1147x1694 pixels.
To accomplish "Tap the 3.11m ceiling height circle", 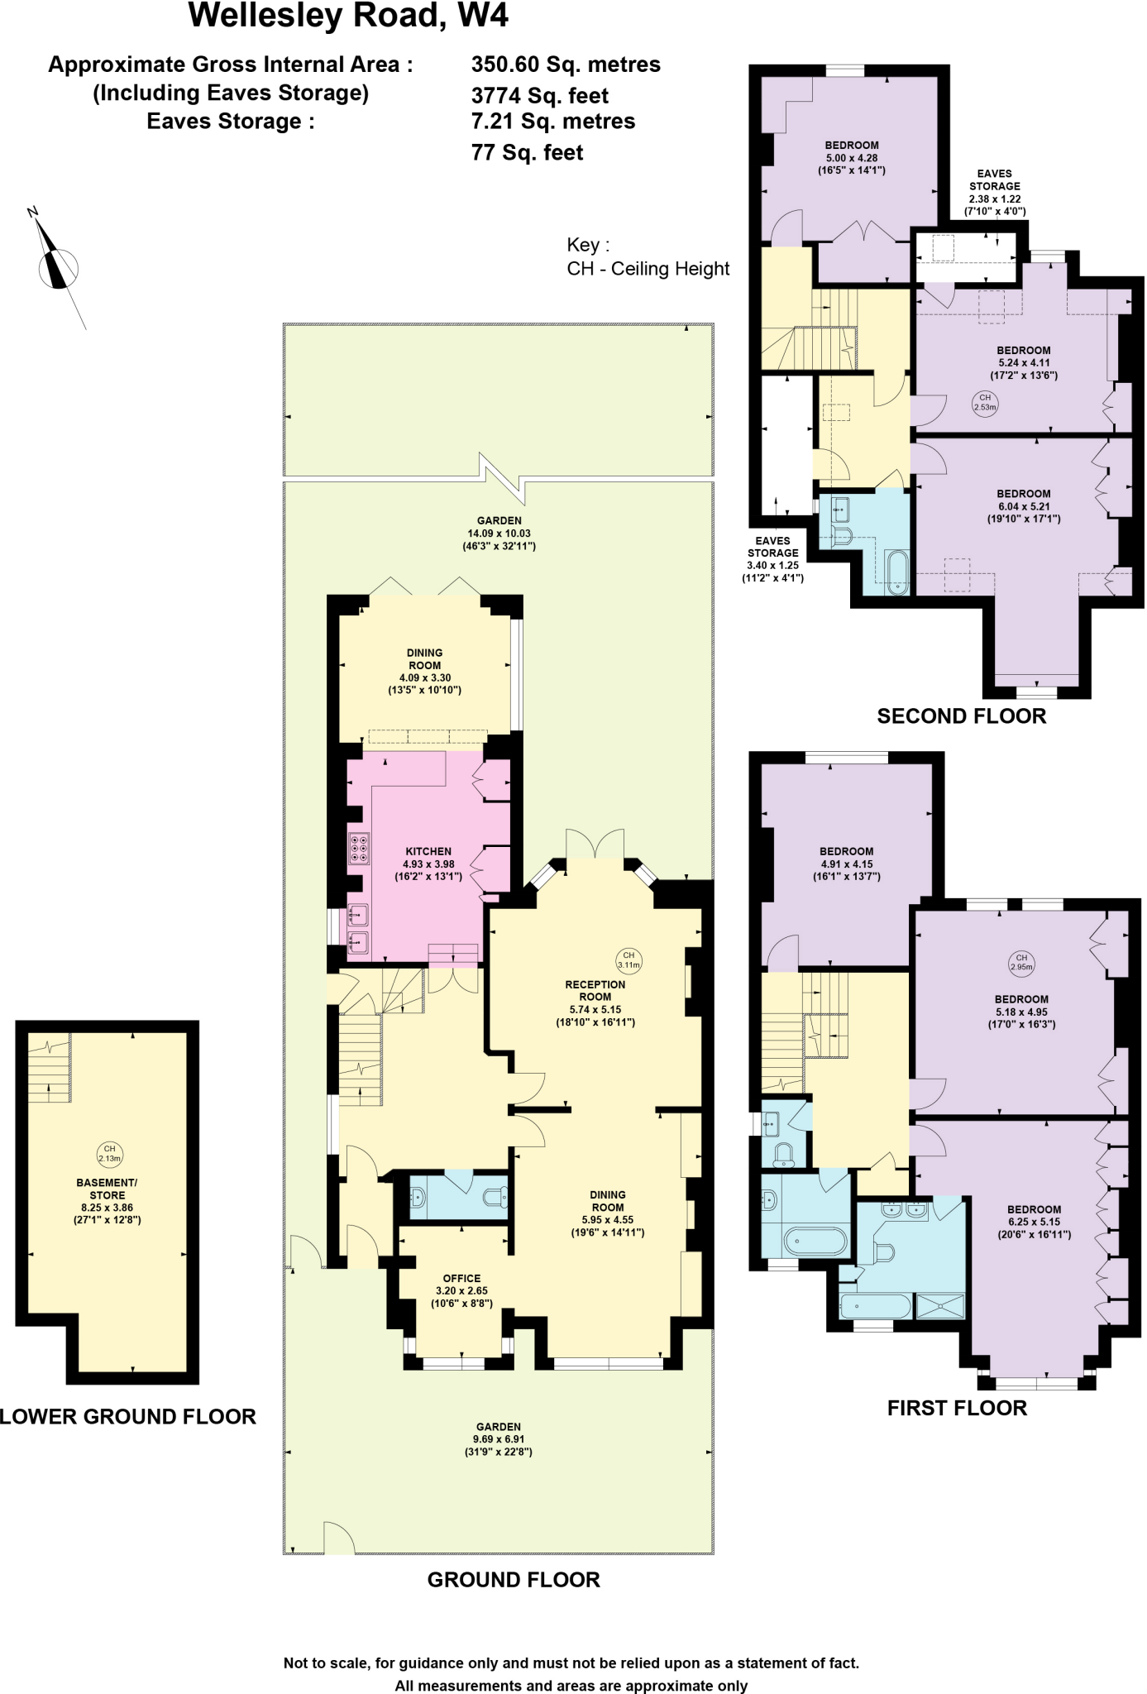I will tap(628, 959).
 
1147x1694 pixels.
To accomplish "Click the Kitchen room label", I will tap(428, 864).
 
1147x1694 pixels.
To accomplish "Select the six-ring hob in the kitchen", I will tap(360, 849).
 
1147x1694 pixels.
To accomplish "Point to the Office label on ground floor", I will tap(461, 1290).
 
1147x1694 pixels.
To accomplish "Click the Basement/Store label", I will tap(107, 1201).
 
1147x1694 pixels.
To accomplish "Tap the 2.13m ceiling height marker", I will tap(109, 1153).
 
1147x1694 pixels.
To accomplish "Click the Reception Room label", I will tap(595, 1003).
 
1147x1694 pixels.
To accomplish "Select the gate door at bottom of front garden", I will tap(338, 1538).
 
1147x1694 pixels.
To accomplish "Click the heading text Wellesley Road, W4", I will tap(348, 16).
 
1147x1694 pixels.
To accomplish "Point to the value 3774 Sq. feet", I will tap(539, 96).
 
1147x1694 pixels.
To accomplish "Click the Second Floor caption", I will tap(961, 716).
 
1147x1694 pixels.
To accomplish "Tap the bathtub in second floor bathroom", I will tap(896, 572).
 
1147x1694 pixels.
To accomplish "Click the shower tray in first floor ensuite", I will tap(940, 1306).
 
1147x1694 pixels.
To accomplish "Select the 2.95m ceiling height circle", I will tap(1021, 962).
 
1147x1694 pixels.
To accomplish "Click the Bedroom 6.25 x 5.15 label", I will tap(1034, 1222).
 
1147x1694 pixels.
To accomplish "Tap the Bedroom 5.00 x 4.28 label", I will tap(852, 157).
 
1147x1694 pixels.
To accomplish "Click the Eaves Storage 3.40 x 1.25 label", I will tap(773, 559).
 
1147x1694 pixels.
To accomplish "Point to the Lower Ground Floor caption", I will tap(128, 1417).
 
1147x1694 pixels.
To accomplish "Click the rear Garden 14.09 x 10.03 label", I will tap(499, 534).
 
